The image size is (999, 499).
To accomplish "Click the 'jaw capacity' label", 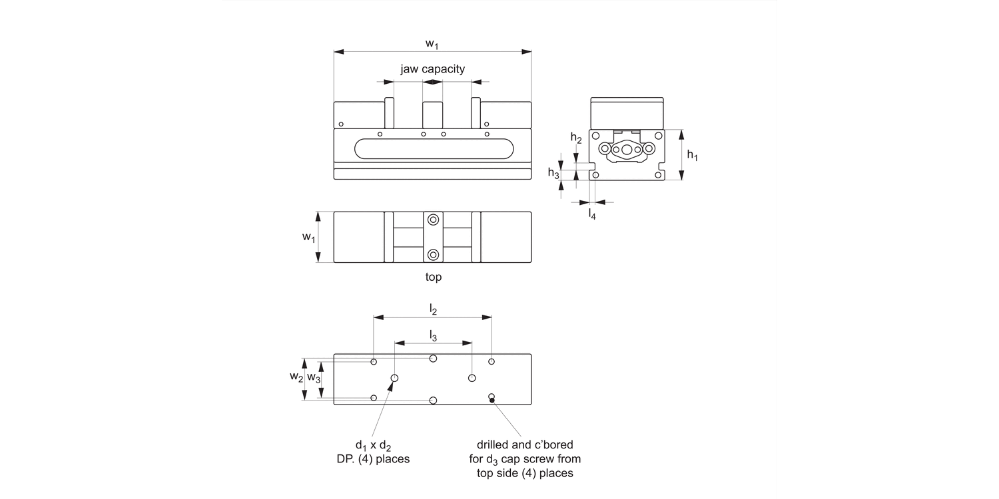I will click(x=432, y=69).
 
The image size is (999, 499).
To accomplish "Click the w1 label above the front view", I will click(x=432, y=44).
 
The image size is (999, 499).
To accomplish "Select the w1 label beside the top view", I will click(x=308, y=237).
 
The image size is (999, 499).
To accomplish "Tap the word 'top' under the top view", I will click(x=433, y=277).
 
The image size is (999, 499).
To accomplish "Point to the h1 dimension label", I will click(x=693, y=156).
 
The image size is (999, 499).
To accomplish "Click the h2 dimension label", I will click(x=576, y=138).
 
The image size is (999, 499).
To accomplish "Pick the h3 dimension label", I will click(x=553, y=173).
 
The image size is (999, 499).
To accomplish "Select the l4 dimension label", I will click(x=591, y=213).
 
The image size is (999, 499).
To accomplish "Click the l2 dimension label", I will click(x=433, y=309).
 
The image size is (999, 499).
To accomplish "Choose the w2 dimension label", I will click(x=296, y=377).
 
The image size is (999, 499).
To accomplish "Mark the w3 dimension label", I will click(x=314, y=377).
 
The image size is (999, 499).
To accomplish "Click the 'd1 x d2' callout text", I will click(x=373, y=444).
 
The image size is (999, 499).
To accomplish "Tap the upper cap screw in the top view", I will click(x=434, y=220).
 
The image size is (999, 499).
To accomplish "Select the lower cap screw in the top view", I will click(x=434, y=254).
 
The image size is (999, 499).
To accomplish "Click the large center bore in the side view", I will click(x=627, y=150).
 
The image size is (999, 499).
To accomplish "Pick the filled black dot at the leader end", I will click(x=492, y=400).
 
